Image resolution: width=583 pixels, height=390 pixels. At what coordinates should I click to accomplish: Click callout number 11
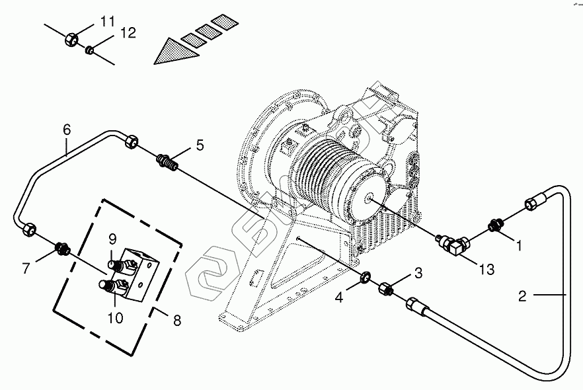tap(107, 22)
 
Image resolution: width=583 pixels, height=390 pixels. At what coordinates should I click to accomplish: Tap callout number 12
tap(128, 33)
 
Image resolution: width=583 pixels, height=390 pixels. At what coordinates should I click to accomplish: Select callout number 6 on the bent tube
tap(66, 129)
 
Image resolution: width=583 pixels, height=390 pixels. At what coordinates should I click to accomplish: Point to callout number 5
tap(200, 145)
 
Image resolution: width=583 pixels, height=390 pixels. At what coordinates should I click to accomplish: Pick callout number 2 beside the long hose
tap(522, 296)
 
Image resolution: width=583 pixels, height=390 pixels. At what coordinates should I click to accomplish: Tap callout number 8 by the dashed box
tap(176, 321)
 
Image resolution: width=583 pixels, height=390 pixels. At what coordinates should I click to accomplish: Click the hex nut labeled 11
tap(72, 40)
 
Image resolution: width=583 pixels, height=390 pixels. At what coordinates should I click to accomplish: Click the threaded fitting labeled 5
tap(168, 161)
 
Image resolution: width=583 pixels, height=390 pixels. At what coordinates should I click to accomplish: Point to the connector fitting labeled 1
tap(496, 226)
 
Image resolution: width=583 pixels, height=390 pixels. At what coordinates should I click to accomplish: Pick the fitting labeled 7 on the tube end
tap(63, 249)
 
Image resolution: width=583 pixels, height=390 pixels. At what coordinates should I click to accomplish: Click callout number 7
tap(26, 268)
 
